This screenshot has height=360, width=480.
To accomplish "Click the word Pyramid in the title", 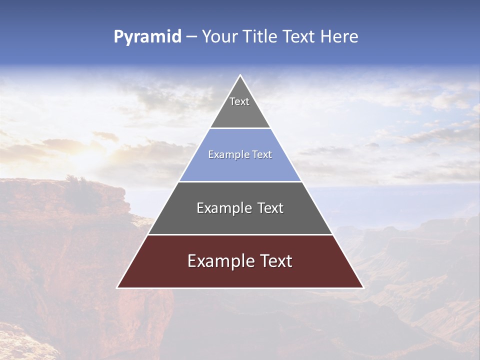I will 147,37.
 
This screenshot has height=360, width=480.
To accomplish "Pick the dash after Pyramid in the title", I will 191,37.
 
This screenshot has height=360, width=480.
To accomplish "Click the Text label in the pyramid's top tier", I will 239,101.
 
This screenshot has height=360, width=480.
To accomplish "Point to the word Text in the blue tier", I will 262,154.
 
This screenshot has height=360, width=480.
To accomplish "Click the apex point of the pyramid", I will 240,75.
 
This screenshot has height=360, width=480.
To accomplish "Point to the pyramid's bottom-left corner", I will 117,287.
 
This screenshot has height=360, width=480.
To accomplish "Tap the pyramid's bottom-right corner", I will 363,287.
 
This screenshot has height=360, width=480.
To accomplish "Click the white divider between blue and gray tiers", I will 240,181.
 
